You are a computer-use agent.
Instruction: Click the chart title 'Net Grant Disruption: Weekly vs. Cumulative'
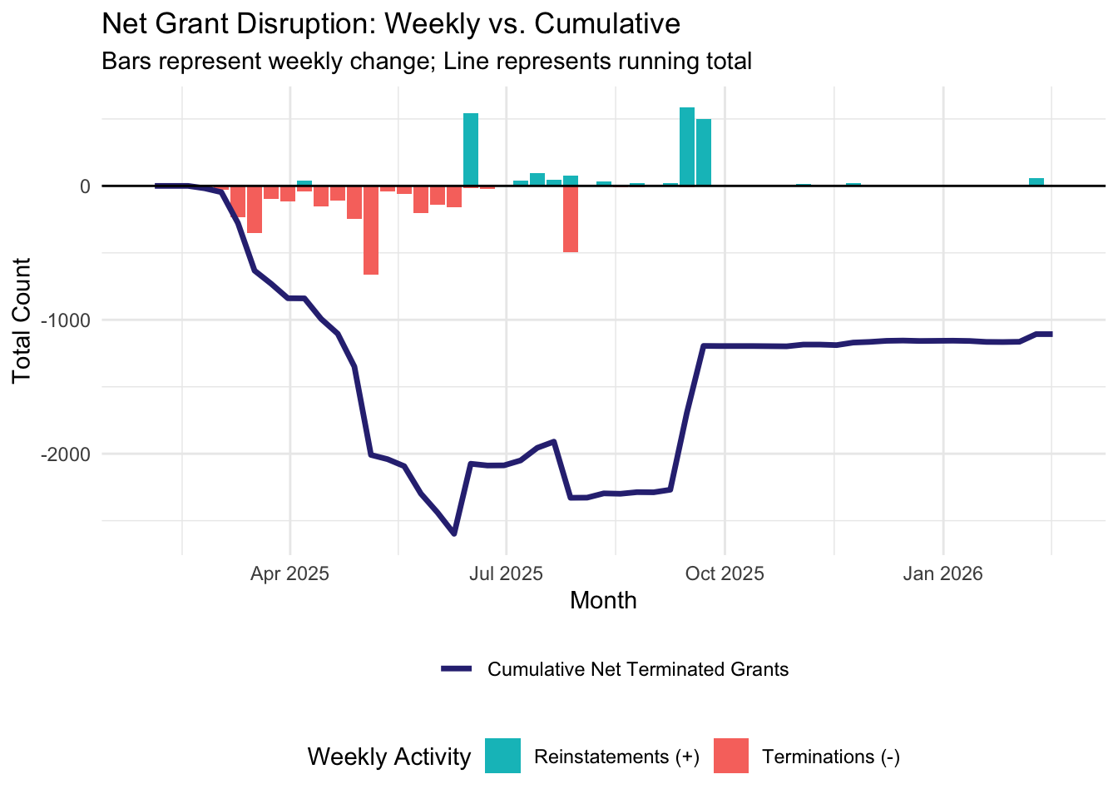[x=391, y=24]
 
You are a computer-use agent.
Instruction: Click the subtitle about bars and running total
[x=426, y=62]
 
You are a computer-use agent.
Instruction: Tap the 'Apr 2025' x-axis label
[x=290, y=573]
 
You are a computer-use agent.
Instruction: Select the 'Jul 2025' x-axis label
[x=506, y=573]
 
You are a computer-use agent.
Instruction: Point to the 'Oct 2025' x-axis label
[x=725, y=573]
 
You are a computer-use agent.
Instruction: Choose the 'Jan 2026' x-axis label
[x=942, y=573]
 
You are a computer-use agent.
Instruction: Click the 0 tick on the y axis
[x=85, y=186]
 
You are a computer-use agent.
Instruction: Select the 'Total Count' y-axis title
[x=22, y=320]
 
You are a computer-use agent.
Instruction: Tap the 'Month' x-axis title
[x=603, y=601]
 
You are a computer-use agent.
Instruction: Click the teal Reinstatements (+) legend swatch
[x=502, y=756]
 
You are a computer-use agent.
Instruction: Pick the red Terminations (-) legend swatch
[x=730, y=756]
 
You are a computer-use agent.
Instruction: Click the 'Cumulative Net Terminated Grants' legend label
[x=638, y=670]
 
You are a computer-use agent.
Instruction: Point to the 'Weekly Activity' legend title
[x=388, y=757]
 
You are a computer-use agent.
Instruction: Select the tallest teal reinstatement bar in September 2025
[x=687, y=146]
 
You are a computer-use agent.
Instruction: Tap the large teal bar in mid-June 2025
[x=471, y=150]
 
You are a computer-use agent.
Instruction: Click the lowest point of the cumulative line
[x=454, y=533]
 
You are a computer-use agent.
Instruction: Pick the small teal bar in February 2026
[x=1036, y=181]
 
